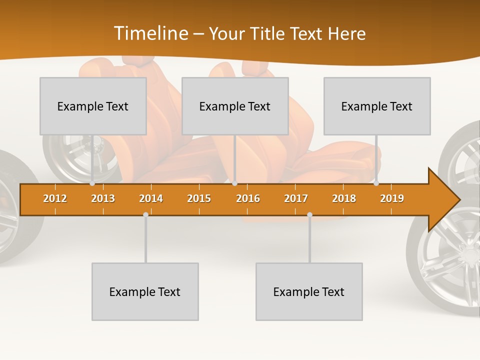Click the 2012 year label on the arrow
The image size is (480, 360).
[x=55, y=198]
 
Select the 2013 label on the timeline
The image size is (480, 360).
[x=103, y=198]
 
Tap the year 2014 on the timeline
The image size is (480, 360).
[x=151, y=198]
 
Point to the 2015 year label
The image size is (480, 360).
[x=199, y=198]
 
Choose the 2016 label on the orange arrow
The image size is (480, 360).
[x=248, y=198]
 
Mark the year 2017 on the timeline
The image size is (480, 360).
[x=296, y=198]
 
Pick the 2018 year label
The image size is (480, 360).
[x=344, y=198]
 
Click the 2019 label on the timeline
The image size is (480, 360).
[x=392, y=198]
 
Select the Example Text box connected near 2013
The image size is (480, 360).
[x=93, y=106]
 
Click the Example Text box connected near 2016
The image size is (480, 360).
[x=235, y=106]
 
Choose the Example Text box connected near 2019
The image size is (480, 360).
[x=377, y=106]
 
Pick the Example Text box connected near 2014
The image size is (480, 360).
[x=145, y=291]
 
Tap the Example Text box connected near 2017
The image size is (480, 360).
[x=309, y=291]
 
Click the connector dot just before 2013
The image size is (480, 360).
[x=92, y=183]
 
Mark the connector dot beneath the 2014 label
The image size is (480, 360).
[x=145, y=214]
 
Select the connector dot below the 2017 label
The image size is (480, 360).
[x=309, y=214]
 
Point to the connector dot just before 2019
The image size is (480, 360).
[x=376, y=183]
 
